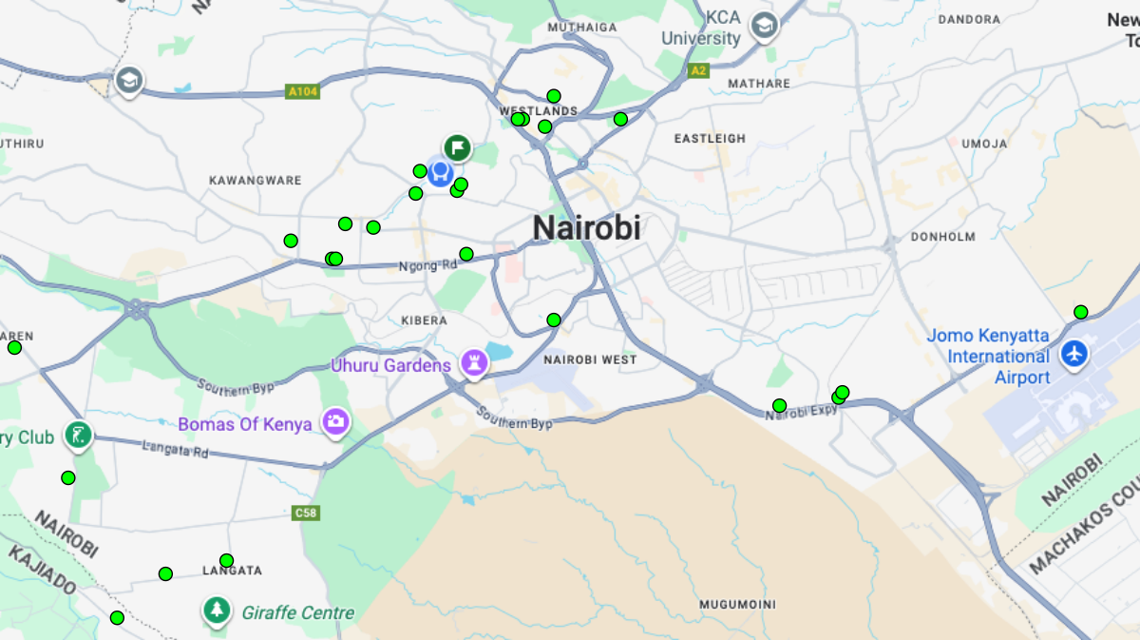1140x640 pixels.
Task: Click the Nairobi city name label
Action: [x=586, y=228]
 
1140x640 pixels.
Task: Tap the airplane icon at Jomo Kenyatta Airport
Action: [x=1075, y=354]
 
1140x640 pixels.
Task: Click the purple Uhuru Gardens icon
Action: [x=473, y=362]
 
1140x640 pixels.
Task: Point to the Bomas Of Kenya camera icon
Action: [x=334, y=421]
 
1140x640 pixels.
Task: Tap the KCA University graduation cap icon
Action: [x=763, y=26]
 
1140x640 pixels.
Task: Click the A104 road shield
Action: [x=303, y=92]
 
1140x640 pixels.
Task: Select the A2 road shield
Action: [x=699, y=70]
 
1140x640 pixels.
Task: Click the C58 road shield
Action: [x=305, y=514]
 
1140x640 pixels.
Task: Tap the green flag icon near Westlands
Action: [x=458, y=148]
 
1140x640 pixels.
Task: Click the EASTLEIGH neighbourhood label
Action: [x=710, y=139]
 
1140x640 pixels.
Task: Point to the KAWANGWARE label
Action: [x=255, y=181]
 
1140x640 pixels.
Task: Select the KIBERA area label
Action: [x=424, y=320]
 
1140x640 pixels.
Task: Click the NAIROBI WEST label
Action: [x=590, y=360]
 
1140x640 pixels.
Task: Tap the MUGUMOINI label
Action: [x=737, y=605]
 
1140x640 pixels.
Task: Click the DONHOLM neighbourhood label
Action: [x=942, y=237]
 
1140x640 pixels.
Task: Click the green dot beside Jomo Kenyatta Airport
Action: [x=1080, y=312]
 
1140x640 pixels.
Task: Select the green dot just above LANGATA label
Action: [x=226, y=560]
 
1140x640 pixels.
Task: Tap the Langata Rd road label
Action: [x=175, y=450]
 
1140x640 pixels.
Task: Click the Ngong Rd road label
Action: [x=427, y=266]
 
